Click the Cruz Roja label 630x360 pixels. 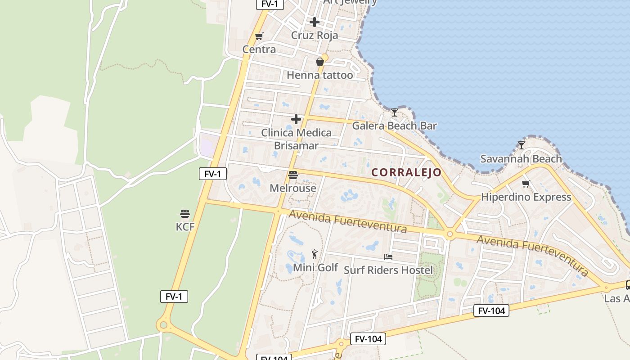(x=314, y=35)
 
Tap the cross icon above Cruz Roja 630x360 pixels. (x=315, y=22)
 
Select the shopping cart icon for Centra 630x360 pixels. (x=259, y=36)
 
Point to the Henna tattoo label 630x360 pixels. (x=319, y=75)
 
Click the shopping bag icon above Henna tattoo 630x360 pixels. (x=319, y=62)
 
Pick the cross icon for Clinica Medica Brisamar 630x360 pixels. (x=296, y=119)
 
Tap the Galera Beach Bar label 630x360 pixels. (x=394, y=126)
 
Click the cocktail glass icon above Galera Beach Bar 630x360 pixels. (x=395, y=112)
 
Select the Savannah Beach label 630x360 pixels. (x=521, y=158)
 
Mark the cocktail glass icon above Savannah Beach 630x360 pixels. (x=521, y=145)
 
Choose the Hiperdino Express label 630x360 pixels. (x=526, y=197)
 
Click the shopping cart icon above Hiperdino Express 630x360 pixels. (x=526, y=184)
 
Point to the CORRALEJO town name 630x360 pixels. (x=406, y=172)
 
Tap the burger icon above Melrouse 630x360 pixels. (x=293, y=175)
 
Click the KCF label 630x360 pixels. (x=185, y=227)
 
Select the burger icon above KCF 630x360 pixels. (x=185, y=213)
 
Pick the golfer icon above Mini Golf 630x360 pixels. (x=315, y=254)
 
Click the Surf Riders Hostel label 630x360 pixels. (x=388, y=270)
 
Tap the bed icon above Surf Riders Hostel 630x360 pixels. (x=388, y=257)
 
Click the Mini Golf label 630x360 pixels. (x=315, y=268)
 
